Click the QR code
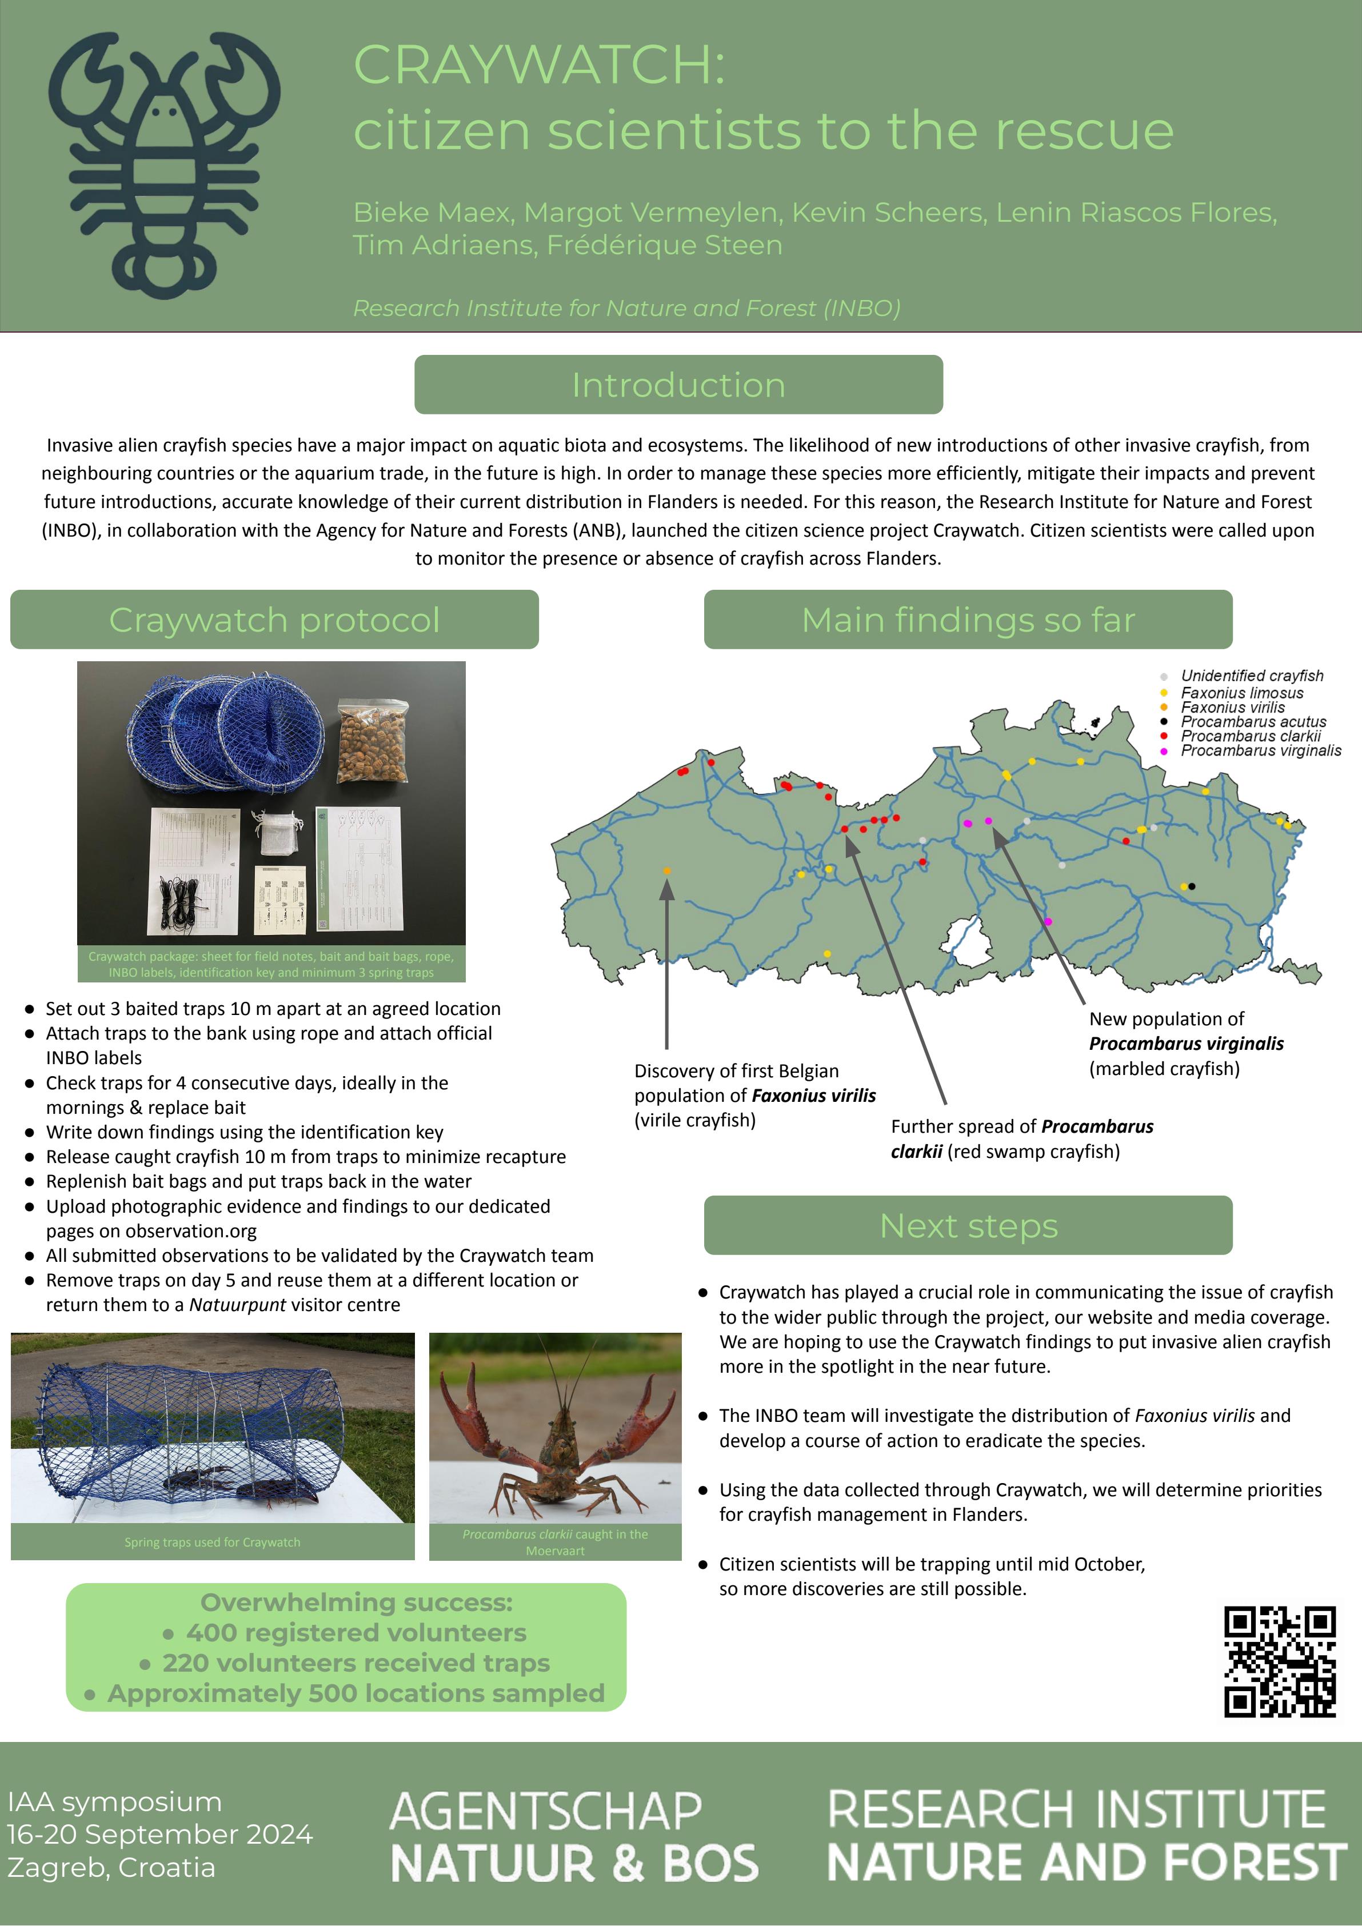point(1279,1661)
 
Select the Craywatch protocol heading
point(274,620)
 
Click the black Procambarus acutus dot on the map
point(1192,886)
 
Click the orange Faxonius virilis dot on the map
point(667,872)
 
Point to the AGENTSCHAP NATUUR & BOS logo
point(574,1837)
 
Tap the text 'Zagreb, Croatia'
point(111,1867)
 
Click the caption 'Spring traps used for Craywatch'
point(212,1542)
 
